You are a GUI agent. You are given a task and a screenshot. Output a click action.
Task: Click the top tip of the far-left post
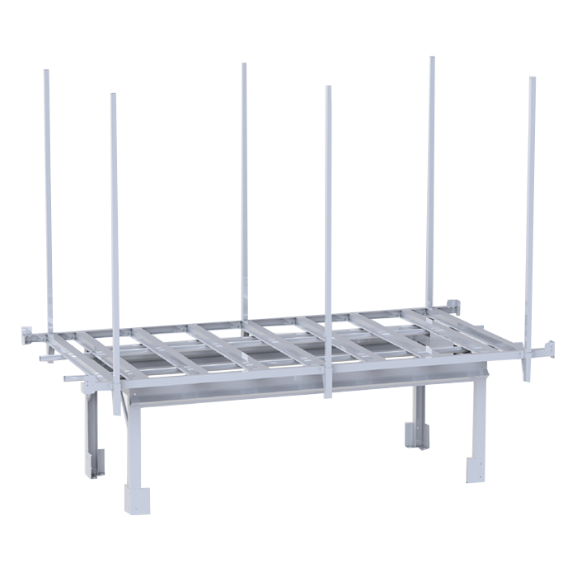(x=46, y=72)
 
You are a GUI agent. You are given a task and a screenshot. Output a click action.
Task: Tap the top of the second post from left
(x=114, y=96)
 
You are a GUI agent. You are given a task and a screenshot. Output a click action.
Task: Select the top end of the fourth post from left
(x=328, y=88)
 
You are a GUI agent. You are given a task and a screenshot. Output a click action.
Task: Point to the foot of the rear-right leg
(x=415, y=434)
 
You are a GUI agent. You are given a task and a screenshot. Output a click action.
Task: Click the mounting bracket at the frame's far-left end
(x=27, y=337)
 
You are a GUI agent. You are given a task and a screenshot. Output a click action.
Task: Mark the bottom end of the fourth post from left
(x=328, y=395)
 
